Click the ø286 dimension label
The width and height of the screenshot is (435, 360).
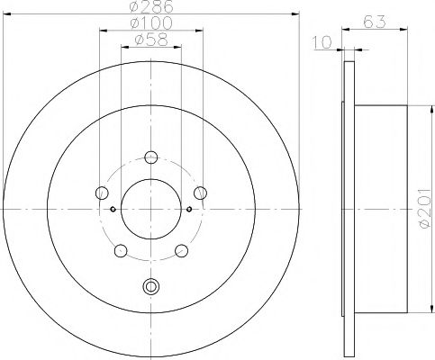tap(150, 6)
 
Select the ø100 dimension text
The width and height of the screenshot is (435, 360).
tap(150, 22)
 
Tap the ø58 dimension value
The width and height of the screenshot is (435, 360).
tap(150, 40)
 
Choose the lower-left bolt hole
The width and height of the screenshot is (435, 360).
tap(121, 249)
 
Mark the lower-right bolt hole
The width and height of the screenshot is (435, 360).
tap(181, 249)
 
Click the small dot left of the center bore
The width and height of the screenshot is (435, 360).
tap(113, 209)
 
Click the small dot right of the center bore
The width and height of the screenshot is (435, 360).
tap(189, 209)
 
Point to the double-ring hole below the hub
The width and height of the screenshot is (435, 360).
tap(150, 288)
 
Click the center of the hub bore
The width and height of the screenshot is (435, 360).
tap(150, 209)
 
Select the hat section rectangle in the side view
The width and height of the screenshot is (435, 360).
tap(382, 208)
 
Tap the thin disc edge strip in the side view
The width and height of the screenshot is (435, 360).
tap(349, 208)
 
